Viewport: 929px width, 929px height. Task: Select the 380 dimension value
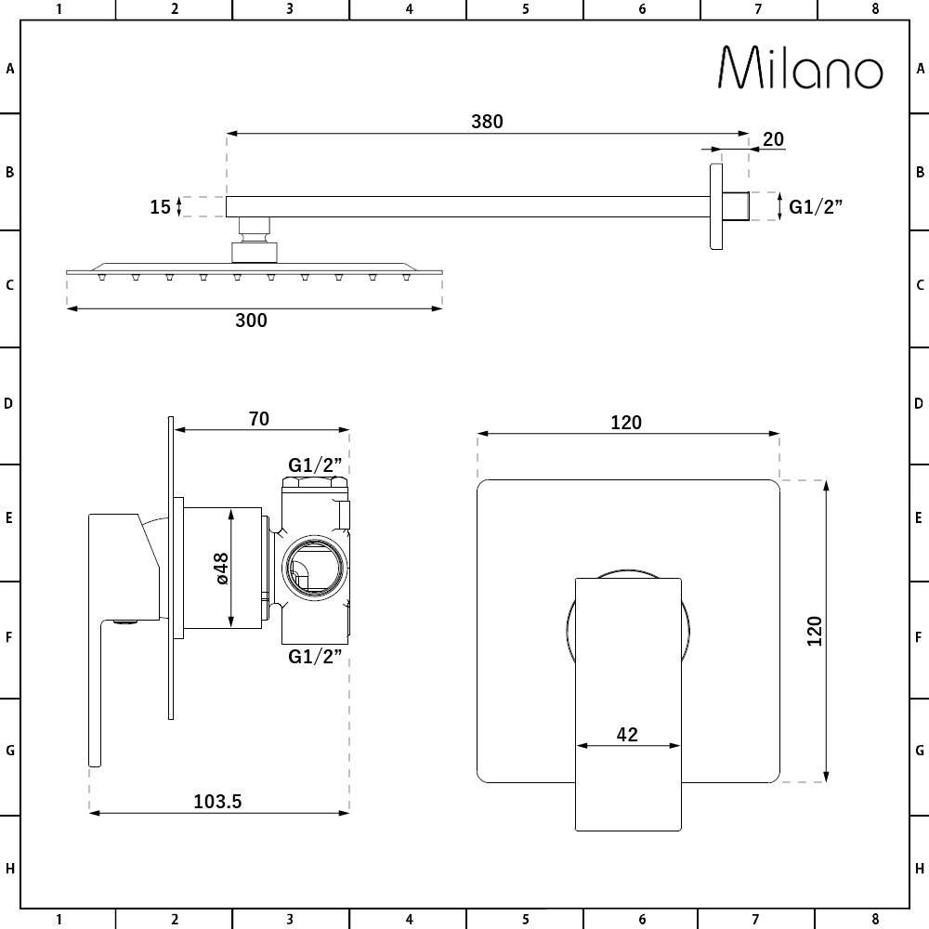tap(487, 122)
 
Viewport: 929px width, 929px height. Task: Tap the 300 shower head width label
tap(251, 321)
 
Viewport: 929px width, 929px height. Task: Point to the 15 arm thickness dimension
tap(160, 207)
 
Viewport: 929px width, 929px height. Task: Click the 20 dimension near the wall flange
tap(773, 139)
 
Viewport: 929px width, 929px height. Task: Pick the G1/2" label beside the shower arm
tap(816, 207)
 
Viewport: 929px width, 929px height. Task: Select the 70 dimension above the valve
tap(259, 419)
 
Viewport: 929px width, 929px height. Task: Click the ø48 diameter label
tap(222, 569)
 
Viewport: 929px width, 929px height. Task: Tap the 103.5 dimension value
tap(217, 802)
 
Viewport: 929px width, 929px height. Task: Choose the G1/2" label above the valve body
tap(315, 464)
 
